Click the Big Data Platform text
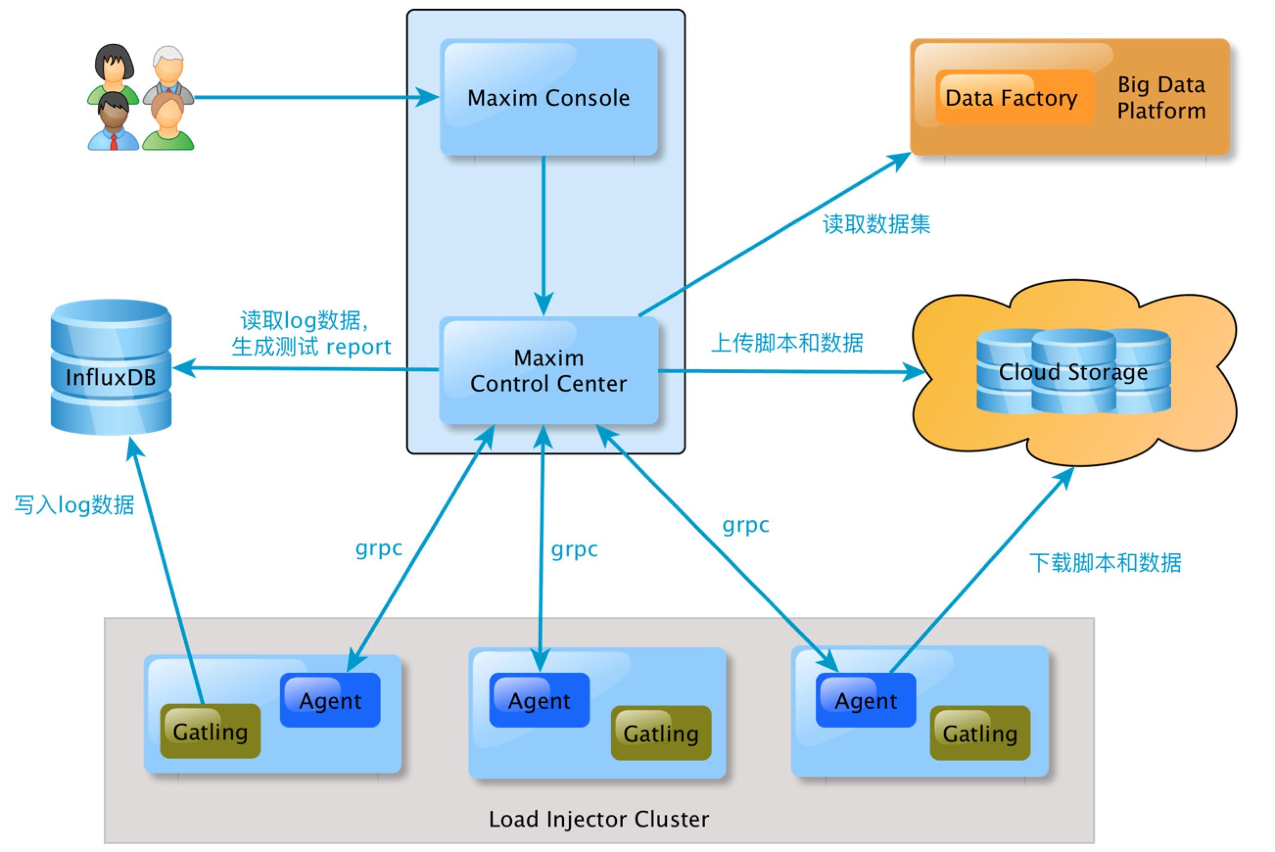pos(1161,98)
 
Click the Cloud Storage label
pos(1073,373)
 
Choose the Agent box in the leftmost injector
pos(330,700)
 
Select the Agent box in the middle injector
pos(539,700)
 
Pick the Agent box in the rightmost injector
pos(865,700)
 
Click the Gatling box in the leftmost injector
pos(210,732)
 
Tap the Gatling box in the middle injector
pos(661,733)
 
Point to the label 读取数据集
pos(876,224)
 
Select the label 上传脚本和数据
pos(787,343)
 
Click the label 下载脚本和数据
pos(1105,563)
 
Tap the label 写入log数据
pos(74,505)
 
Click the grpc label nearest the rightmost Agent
pos(745,525)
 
